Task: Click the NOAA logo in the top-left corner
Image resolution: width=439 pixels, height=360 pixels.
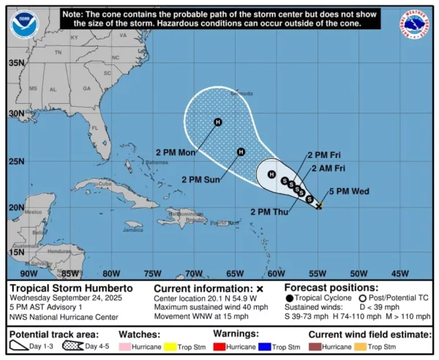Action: [23, 23]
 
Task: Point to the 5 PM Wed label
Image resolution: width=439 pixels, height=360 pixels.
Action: [349, 192]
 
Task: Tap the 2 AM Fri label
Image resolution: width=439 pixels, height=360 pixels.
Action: [328, 168]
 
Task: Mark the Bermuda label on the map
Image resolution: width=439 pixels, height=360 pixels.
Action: [242, 94]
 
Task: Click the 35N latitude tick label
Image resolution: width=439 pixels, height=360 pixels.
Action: [16, 63]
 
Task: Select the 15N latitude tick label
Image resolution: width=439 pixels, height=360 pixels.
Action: [16, 252]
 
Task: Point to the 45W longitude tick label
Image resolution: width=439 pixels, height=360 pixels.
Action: [401, 273]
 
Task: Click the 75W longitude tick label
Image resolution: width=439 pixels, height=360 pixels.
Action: [152, 273]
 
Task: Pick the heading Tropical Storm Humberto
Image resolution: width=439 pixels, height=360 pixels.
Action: [61, 288]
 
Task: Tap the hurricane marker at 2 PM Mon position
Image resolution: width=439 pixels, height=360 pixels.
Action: [217, 122]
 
